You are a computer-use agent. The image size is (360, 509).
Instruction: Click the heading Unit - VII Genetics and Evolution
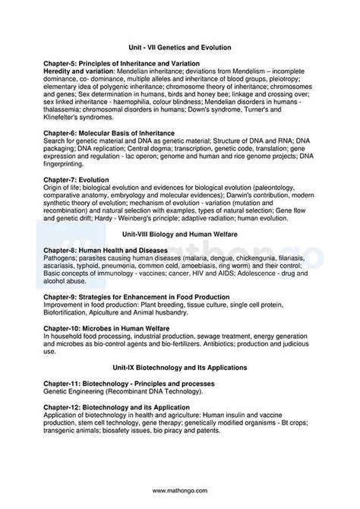179,47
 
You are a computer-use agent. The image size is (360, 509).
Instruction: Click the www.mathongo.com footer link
180,490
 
